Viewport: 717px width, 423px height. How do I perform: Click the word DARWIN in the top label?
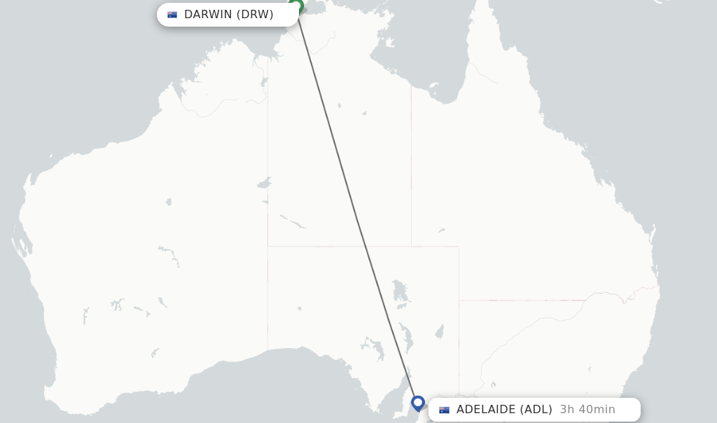click(208, 15)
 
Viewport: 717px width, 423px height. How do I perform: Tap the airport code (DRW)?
click(255, 15)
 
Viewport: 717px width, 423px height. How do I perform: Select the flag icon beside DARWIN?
click(172, 15)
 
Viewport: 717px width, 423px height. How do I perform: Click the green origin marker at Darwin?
click(296, 6)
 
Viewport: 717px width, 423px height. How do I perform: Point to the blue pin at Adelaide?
click(418, 403)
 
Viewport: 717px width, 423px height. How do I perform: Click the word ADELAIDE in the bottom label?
click(485, 410)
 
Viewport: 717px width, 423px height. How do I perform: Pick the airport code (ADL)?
click(535, 410)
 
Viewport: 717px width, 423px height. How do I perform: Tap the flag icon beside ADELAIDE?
click(444, 410)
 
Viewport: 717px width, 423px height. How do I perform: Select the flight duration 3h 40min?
click(587, 410)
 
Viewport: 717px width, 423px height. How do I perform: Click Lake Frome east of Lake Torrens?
click(439, 331)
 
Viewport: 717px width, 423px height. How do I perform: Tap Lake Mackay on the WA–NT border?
click(264, 183)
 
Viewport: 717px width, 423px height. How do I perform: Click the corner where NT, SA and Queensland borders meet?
click(411, 247)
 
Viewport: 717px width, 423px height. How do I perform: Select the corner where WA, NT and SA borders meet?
click(267, 247)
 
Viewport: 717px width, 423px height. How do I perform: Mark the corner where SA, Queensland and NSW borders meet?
click(459, 300)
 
